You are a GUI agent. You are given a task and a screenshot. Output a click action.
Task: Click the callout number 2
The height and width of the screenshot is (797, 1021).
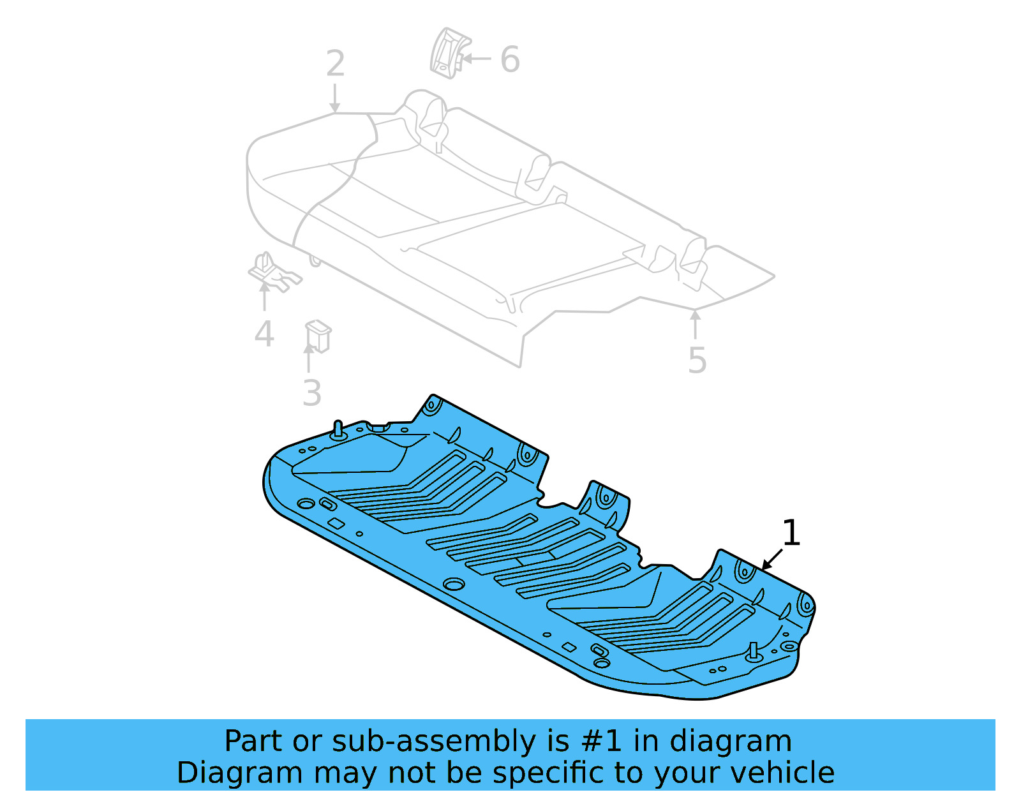tap(335, 64)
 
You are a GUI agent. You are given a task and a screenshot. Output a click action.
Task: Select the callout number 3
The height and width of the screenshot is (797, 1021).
tap(312, 393)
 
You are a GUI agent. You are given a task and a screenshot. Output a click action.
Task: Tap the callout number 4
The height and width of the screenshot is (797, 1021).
tap(264, 334)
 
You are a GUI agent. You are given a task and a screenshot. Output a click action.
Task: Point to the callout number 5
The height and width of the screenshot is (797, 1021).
tap(697, 361)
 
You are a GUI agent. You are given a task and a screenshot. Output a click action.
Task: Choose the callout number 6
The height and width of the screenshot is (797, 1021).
tap(510, 60)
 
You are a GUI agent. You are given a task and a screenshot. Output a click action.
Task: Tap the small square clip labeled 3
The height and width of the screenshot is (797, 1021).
tap(318, 336)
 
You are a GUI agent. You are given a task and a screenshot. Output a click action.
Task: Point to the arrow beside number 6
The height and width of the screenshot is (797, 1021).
tap(475, 59)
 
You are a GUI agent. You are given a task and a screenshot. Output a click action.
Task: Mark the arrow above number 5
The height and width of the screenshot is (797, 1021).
tap(696, 324)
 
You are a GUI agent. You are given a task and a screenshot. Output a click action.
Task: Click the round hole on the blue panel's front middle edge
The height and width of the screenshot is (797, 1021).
tap(454, 585)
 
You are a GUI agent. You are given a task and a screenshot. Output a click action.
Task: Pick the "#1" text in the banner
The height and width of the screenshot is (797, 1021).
tap(602, 741)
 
